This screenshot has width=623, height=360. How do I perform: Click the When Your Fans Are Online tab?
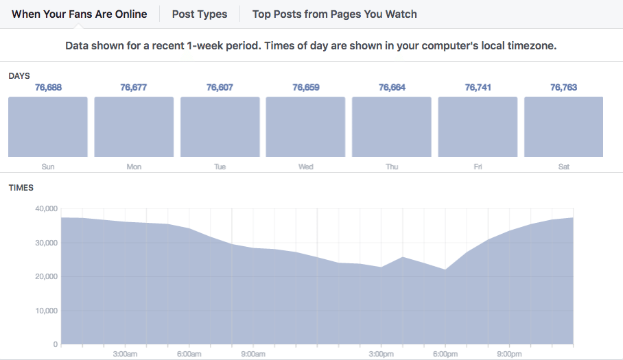tap(80, 14)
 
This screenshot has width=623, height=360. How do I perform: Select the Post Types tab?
tap(200, 14)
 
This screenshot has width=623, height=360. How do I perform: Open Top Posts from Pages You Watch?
tap(334, 14)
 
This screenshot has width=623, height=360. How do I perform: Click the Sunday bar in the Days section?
tap(48, 127)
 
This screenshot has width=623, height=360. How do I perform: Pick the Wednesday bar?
tap(306, 127)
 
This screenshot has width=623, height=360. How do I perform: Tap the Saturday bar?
tap(563, 127)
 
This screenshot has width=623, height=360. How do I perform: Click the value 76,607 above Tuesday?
tap(220, 88)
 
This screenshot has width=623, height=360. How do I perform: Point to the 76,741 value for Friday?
tap(478, 88)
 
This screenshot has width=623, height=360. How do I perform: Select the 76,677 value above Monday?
tap(134, 88)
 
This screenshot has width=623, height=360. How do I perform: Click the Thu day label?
tap(392, 167)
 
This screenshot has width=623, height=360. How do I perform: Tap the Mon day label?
tap(134, 167)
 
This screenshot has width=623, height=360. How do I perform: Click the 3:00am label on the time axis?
tap(125, 354)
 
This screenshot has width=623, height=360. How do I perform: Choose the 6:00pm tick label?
tap(445, 354)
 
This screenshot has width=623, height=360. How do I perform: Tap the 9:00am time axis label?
tap(253, 354)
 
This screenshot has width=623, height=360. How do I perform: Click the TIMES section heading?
tap(21, 187)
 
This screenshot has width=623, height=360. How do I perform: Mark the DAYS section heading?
tap(19, 75)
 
